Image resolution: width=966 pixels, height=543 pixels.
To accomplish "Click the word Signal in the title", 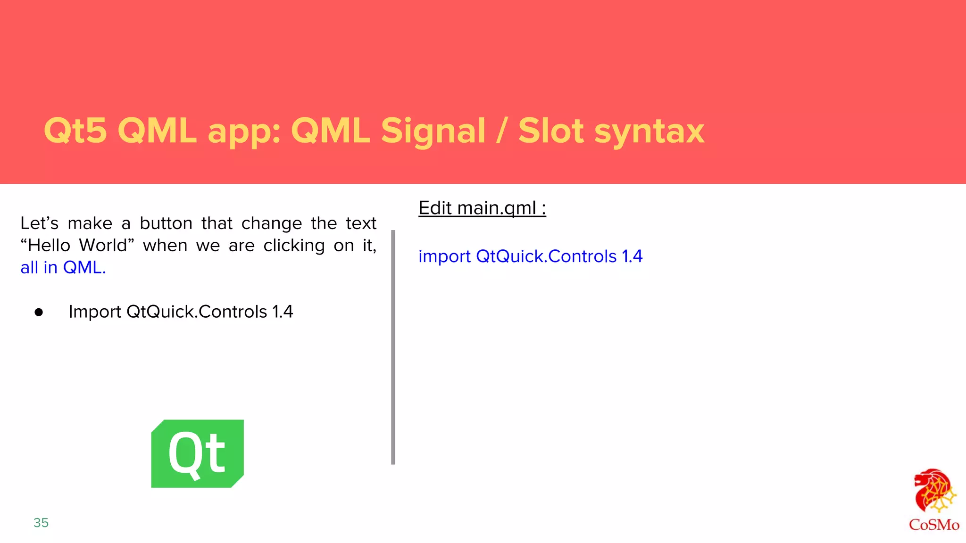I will (433, 131).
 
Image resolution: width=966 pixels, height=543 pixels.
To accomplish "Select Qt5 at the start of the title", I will (75, 131).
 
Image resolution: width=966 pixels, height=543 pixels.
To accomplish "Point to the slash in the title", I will (501, 131).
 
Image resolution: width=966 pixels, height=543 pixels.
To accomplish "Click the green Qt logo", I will (197, 453).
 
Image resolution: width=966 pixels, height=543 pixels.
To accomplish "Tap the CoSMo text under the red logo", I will (934, 525).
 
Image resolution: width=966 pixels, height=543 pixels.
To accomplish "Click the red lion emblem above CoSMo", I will (933, 490).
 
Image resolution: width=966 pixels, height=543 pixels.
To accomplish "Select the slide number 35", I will (41, 523).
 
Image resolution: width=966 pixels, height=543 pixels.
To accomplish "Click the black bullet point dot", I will (39, 312).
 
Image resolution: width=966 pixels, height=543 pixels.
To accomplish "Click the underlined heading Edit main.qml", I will (482, 208).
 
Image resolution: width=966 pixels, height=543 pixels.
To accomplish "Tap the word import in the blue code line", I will (444, 257).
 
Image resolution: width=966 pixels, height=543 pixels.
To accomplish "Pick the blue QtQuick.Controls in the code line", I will (546, 256).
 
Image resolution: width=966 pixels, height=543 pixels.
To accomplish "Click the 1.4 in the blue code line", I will (632, 256).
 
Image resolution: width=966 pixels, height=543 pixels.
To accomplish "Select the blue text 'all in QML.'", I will (63, 268).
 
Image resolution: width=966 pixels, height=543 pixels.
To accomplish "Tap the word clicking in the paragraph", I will (294, 246).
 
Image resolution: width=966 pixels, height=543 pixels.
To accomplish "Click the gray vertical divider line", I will (393, 347).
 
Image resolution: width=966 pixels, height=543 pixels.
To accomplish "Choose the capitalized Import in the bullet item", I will (95, 312).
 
